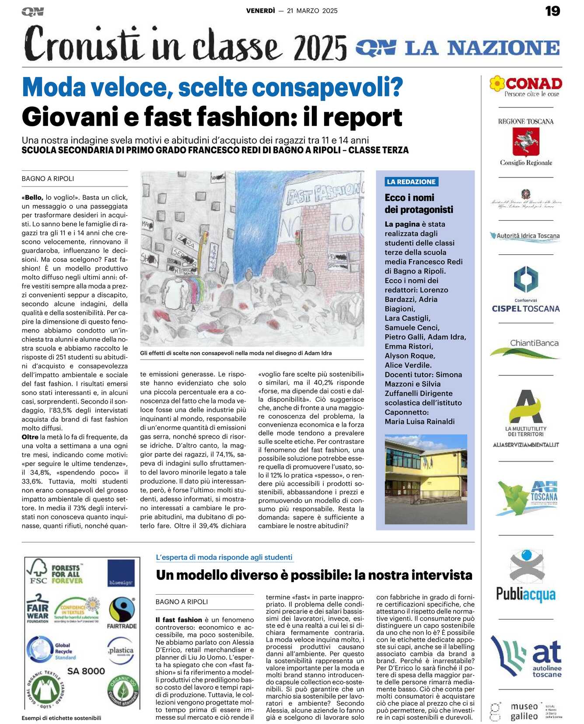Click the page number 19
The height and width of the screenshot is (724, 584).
(553, 11)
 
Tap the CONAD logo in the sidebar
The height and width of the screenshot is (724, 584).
(526, 86)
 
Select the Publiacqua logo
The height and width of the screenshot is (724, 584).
(526, 577)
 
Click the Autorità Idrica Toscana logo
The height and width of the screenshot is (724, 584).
(526, 236)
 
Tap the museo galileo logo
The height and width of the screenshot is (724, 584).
(525, 711)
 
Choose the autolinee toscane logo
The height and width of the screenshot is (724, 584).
(526, 658)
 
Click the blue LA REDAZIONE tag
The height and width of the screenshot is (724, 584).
(411, 182)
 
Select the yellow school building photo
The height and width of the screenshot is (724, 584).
(426, 479)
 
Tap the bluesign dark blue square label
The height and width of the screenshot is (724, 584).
(121, 573)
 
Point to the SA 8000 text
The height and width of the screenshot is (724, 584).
(86, 671)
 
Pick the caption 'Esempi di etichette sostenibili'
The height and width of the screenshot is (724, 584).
(61, 718)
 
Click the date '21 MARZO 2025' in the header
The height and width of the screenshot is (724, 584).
(312, 11)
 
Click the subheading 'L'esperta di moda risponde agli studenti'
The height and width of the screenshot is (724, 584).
(224, 558)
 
